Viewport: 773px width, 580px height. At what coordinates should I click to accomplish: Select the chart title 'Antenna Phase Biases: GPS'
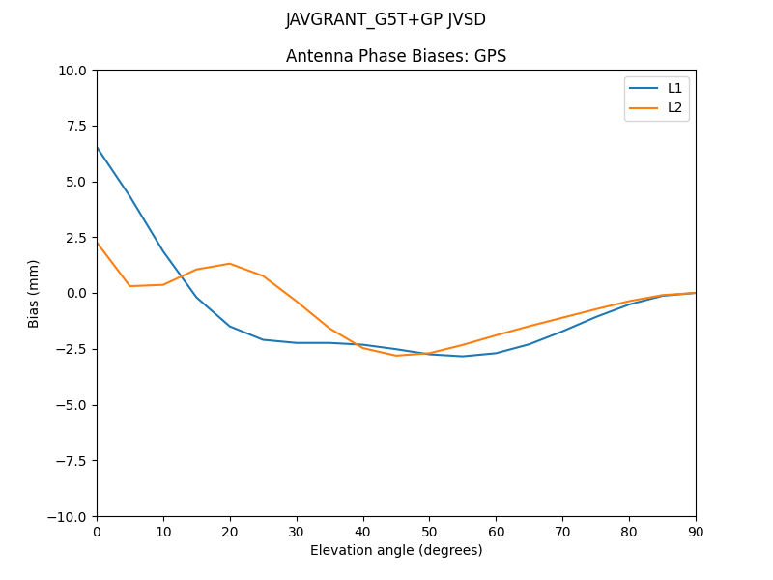point(396,56)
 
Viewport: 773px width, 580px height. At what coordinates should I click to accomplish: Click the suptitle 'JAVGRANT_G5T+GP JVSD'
point(386,19)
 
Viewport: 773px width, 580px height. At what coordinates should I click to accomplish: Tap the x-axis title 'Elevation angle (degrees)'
point(396,550)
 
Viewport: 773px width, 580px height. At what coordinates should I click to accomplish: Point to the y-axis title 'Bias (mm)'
point(34,293)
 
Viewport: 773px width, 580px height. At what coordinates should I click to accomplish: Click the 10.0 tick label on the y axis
point(72,71)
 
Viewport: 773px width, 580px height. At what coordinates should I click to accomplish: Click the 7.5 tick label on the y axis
point(75,126)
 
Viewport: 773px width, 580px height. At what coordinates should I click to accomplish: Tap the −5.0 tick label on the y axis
point(72,405)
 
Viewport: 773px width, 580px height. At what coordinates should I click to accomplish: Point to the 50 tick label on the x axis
point(429,531)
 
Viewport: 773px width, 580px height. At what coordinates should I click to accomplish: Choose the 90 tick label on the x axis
point(696,531)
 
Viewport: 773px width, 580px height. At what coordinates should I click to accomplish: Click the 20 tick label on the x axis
point(230,531)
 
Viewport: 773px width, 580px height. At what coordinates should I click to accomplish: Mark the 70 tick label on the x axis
point(562,531)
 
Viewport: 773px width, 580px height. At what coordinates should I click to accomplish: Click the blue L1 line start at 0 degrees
point(97,147)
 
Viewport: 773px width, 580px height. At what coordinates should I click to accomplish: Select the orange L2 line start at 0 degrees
point(97,243)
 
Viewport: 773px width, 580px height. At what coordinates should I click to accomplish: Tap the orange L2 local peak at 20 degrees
point(230,263)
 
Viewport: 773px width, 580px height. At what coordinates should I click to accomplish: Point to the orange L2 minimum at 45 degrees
point(396,356)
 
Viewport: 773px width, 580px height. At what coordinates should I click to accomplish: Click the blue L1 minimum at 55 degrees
point(463,356)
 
